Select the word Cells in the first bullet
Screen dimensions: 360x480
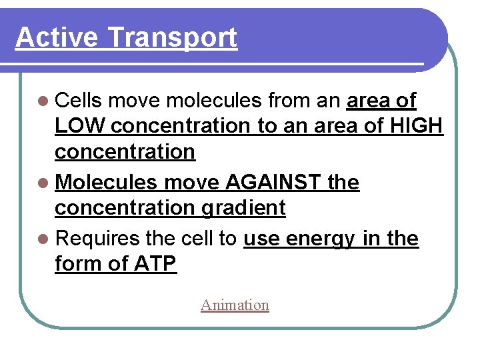pyautogui.click(x=78, y=101)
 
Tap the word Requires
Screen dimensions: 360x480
pyautogui.click(x=97, y=239)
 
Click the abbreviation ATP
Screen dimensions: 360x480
pyautogui.click(x=155, y=264)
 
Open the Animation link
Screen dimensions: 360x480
pyautogui.click(x=235, y=305)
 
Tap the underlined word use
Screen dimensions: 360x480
pyautogui.click(x=262, y=239)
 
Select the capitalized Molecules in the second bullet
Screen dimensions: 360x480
pyautogui.click(x=106, y=183)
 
